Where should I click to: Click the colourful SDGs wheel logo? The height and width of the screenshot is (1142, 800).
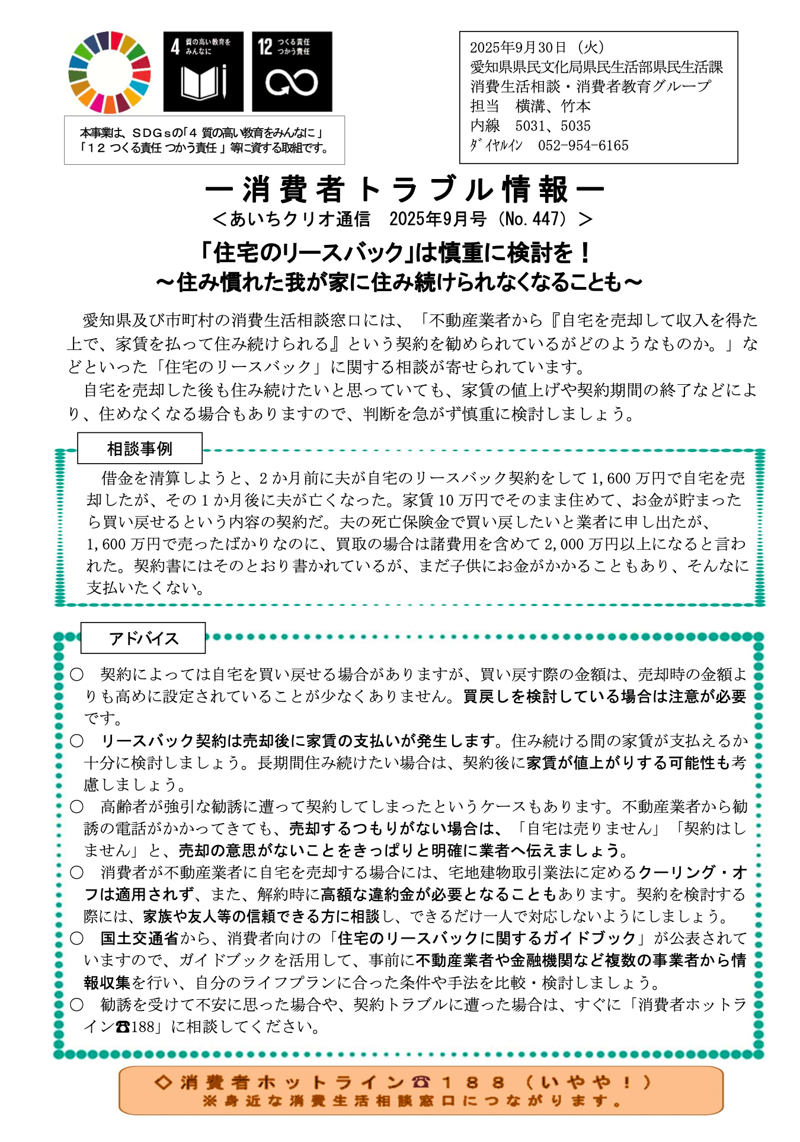coord(110,72)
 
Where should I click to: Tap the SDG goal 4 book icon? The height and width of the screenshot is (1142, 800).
coord(203,72)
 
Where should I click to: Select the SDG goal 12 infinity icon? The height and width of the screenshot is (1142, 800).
coord(292,72)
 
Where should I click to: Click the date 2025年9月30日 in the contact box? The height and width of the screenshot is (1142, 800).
coord(518,47)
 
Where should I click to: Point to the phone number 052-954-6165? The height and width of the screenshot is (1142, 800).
coord(583,145)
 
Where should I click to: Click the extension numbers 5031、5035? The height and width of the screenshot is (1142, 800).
coord(553,126)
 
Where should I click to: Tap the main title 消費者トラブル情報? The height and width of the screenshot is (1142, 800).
coord(405,190)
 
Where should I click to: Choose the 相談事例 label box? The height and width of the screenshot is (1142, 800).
coord(140,448)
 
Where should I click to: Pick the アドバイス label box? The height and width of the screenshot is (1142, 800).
coord(143,638)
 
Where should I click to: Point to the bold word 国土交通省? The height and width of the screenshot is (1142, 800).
coord(140,938)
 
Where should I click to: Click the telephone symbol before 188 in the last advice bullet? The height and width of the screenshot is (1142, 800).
coord(123,1026)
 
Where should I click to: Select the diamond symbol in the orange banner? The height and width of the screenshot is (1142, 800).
coord(163,1082)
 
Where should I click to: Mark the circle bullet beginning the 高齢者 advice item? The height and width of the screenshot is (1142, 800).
coord(77,806)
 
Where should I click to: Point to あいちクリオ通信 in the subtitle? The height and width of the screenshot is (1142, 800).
coord(300,219)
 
